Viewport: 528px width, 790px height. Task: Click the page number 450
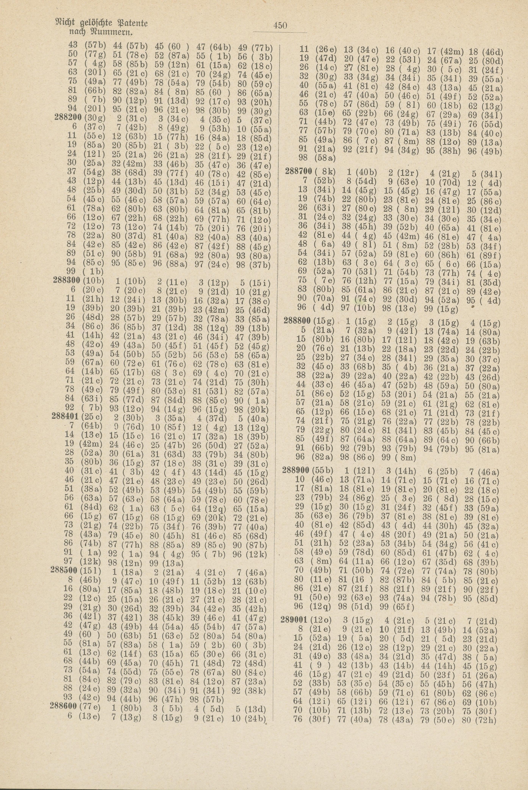280,25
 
